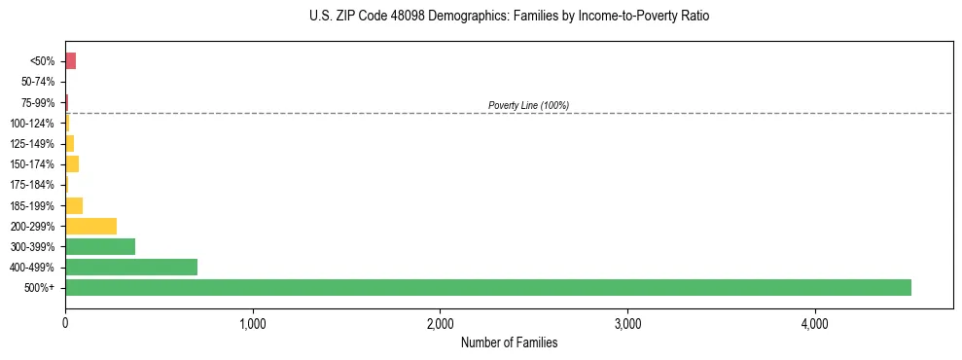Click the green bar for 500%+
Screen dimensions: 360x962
[487, 287]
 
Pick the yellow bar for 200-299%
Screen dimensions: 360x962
[90, 226]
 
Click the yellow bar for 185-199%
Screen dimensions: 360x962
[74, 205]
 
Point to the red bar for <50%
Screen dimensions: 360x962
[70, 61]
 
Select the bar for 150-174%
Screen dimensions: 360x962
[72, 163]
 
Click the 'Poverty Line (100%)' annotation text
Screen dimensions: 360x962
[528, 105]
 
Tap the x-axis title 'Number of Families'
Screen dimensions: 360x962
[509, 342]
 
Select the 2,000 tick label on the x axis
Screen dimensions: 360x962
[440, 323]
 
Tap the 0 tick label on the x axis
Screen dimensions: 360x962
[65, 323]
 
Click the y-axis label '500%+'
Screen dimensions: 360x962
[42, 288]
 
